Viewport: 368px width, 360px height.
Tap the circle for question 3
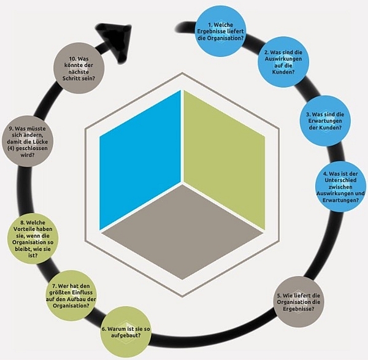(324, 118)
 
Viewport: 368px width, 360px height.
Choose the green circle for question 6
(125, 331)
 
